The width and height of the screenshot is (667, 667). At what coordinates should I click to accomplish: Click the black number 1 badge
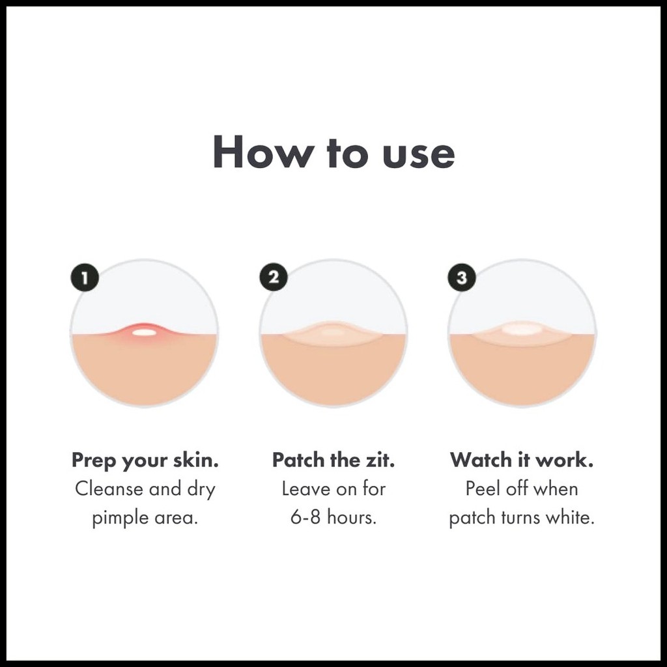coord(85,278)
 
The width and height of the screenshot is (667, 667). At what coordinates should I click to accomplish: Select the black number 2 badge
coord(274,277)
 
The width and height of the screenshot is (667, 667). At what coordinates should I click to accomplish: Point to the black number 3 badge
coord(462,277)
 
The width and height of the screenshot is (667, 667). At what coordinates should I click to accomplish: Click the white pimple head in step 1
coord(144,333)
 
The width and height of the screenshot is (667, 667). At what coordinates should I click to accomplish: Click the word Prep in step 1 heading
coord(94,461)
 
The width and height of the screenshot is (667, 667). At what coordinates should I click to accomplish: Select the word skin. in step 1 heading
coord(196,460)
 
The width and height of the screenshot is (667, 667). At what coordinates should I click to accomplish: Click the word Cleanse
coord(109,489)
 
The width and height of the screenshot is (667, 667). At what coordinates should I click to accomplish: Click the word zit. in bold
coord(380,460)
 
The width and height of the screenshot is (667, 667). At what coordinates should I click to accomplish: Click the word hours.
coord(352,518)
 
